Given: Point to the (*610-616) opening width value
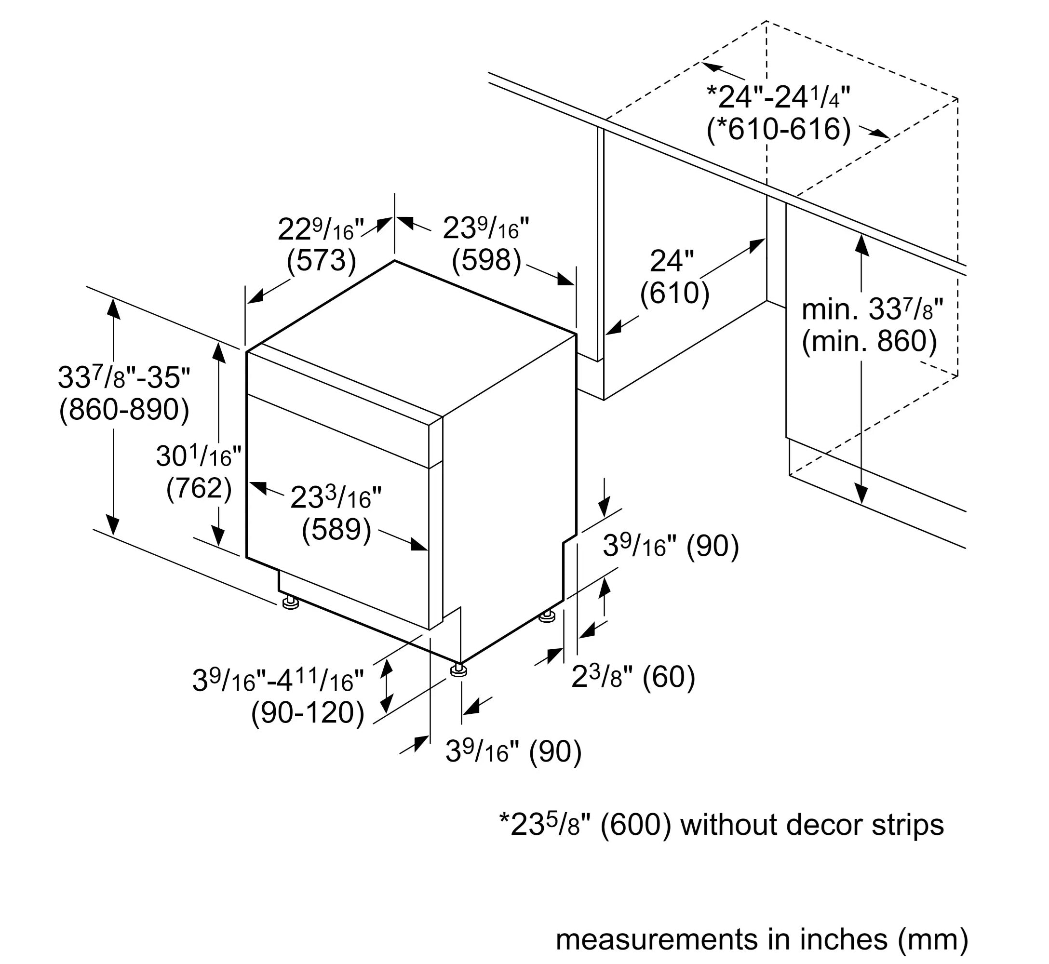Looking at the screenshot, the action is (x=778, y=129).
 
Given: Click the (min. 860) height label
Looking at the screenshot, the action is (x=869, y=341).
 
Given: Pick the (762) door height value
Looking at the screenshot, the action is (x=199, y=488).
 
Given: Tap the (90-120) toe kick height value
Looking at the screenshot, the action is (x=308, y=712).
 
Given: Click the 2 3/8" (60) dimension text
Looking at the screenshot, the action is (x=633, y=677).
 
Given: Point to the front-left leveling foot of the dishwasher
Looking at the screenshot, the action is (x=290, y=602).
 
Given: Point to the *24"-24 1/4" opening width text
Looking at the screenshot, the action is (x=778, y=96).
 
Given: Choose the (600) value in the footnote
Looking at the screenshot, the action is (x=636, y=825).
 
